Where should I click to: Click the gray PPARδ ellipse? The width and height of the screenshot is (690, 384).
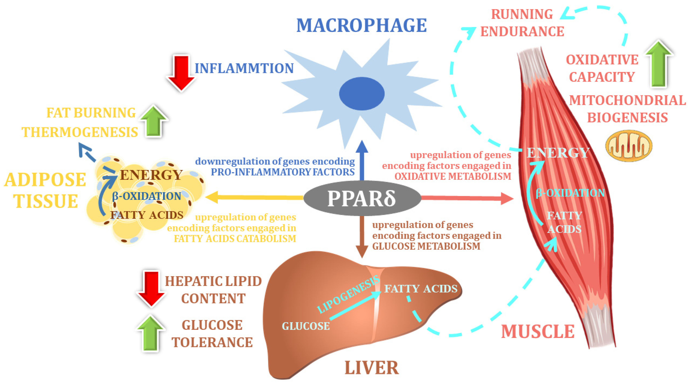[362, 198]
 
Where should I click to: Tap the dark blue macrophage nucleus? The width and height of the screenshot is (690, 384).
[362, 94]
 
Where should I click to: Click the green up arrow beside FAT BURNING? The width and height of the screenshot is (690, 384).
[153, 121]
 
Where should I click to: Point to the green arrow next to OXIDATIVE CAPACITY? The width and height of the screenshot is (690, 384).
[659, 64]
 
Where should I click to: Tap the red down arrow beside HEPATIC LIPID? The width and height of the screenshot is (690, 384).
[151, 289]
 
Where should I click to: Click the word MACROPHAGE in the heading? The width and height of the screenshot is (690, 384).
[362, 26]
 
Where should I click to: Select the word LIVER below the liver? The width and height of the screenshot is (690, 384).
[372, 368]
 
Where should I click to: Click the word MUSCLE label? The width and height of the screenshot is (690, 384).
[538, 332]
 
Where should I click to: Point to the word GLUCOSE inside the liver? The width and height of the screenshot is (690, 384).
[306, 326]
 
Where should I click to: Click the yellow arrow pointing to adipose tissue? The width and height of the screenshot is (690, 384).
[254, 197]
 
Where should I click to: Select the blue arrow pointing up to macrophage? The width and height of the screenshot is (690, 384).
[362, 160]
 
